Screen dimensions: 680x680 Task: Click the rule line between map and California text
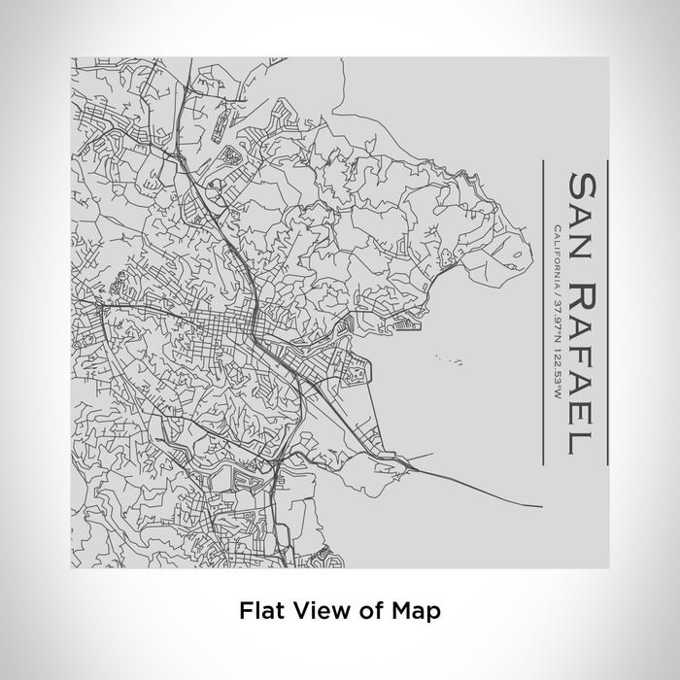coord(540,330)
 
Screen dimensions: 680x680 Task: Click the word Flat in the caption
coord(259,611)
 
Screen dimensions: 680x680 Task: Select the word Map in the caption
coord(411,611)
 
